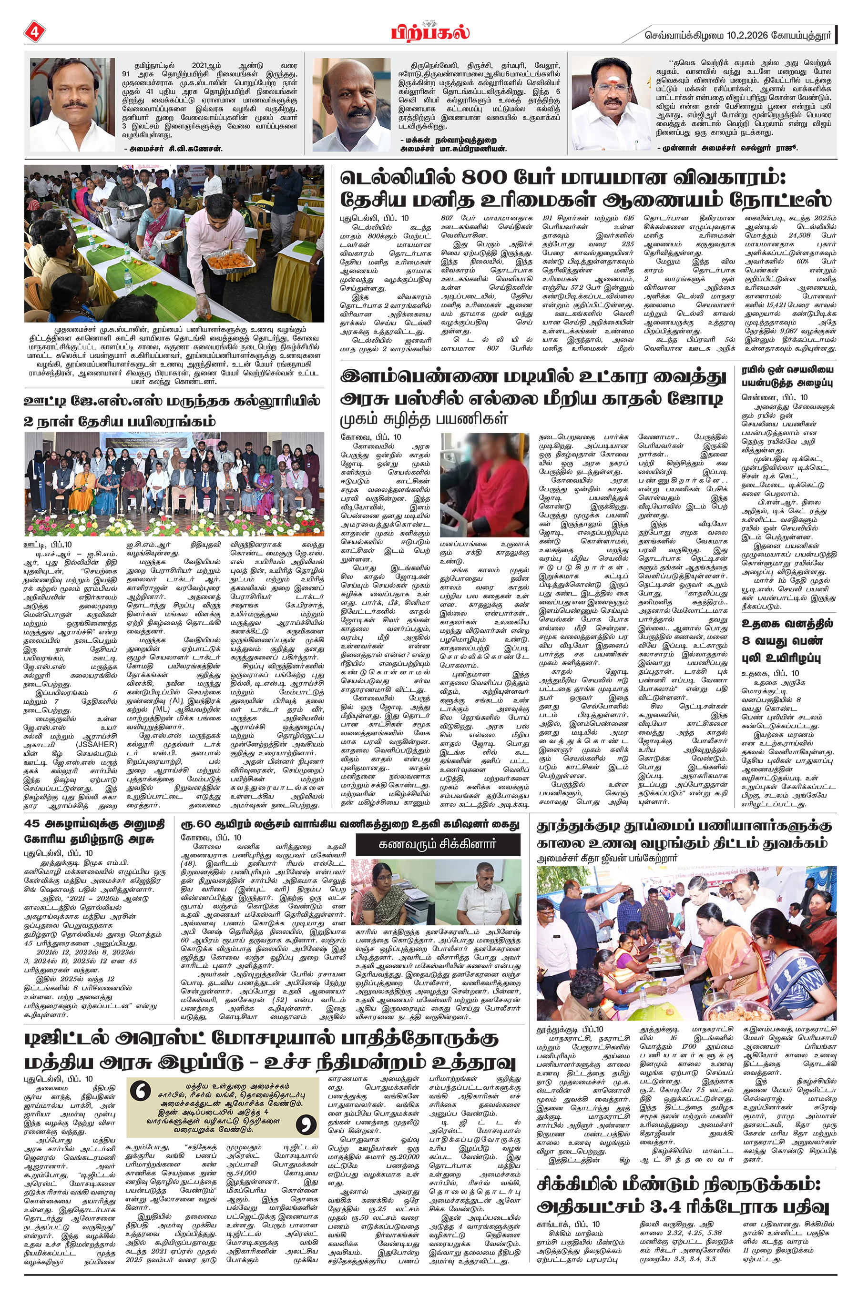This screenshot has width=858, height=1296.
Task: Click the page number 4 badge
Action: tap(34, 32)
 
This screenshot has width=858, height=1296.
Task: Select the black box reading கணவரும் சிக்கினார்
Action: tap(438, 844)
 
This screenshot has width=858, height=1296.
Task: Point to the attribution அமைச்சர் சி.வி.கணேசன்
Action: tap(174, 148)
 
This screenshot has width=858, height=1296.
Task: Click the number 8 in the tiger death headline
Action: tap(746, 640)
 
